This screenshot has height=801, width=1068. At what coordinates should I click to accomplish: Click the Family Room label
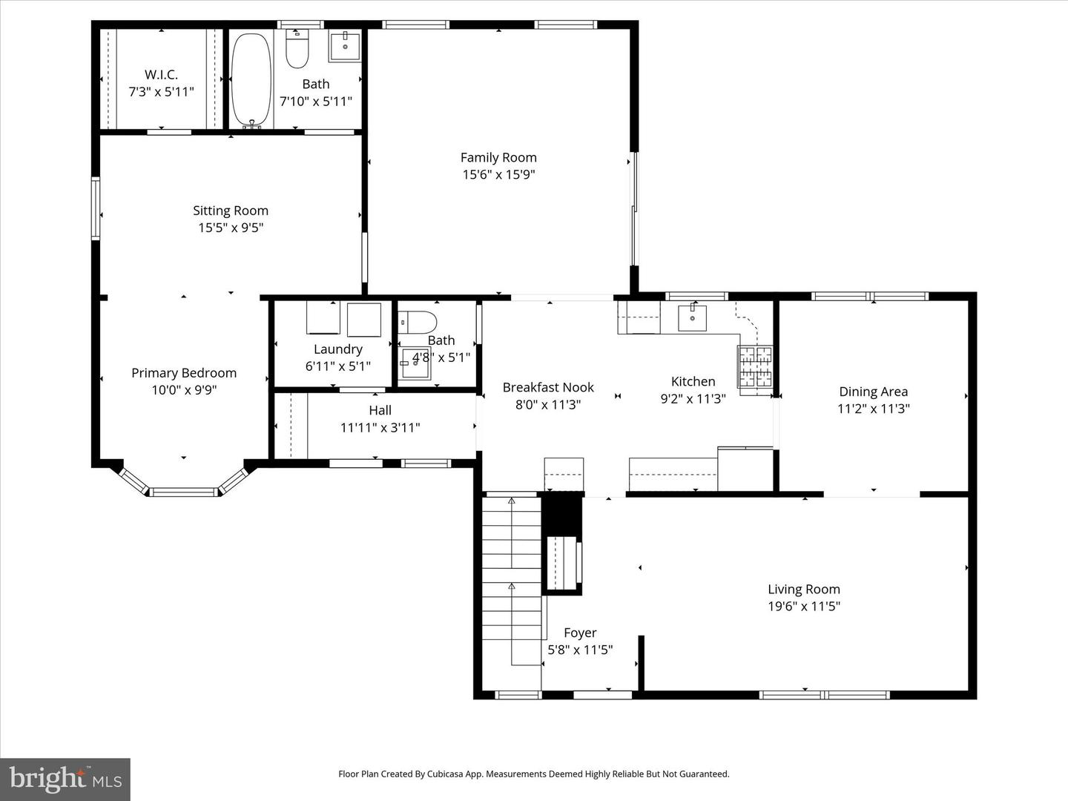[x=498, y=157]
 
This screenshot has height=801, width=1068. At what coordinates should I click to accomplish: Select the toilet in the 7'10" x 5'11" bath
[x=297, y=49]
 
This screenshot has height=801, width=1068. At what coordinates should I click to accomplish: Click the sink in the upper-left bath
[x=344, y=45]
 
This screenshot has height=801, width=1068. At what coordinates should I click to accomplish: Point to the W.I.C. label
[x=161, y=75]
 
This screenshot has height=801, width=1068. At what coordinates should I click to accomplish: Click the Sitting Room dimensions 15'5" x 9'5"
[x=231, y=228]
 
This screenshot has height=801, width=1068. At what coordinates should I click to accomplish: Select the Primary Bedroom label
[x=184, y=373]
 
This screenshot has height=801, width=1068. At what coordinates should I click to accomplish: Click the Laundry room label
[x=337, y=349]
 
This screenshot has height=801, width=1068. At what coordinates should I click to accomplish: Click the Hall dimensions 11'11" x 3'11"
[x=380, y=427]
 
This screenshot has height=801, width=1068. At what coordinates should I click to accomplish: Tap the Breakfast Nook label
[x=548, y=387]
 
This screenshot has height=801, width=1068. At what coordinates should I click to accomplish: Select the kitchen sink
[x=692, y=317]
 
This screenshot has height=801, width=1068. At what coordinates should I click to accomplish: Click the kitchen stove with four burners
[x=754, y=366]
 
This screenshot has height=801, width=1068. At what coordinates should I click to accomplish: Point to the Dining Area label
[x=873, y=392]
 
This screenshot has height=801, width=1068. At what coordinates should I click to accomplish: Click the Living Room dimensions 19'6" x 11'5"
[x=803, y=606]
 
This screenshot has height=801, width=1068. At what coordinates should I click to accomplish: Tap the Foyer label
[x=579, y=633]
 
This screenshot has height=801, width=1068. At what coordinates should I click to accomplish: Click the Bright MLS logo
[x=65, y=779]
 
